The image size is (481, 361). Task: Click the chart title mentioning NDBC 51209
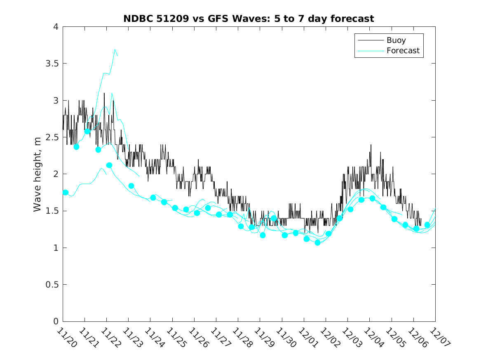tap(249, 19)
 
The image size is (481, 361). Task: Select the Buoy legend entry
tap(396, 40)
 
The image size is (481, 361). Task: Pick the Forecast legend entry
tap(403, 51)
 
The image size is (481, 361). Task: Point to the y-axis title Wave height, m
tap(38, 174)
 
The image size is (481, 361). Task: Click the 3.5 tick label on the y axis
tap(52, 64)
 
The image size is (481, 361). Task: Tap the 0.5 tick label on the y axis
tap(52, 285)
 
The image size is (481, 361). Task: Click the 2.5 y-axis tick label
tap(52, 137)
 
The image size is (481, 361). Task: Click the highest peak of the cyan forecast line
tap(115, 49)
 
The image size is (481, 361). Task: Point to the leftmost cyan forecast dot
tap(66, 192)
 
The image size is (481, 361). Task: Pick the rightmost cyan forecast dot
tap(427, 225)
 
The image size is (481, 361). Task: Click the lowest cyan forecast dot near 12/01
tap(317, 243)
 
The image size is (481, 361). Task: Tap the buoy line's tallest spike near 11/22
tap(104, 93)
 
